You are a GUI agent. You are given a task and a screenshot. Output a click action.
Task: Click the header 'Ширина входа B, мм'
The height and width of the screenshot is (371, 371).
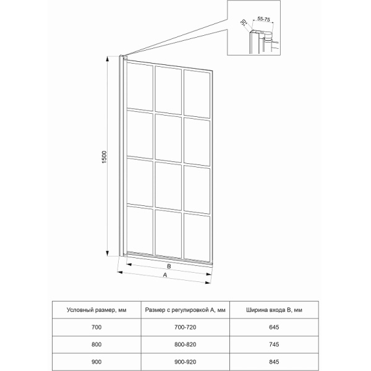[273, 309]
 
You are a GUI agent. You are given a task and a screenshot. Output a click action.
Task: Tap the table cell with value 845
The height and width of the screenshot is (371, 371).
[273, 360]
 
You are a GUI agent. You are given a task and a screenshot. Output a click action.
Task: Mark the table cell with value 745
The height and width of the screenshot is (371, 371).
[273, 343]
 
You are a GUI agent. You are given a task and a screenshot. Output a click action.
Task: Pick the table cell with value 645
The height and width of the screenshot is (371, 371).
[273, 326]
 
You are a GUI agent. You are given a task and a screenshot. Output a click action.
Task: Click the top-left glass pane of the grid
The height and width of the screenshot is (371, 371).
[140, 87]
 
